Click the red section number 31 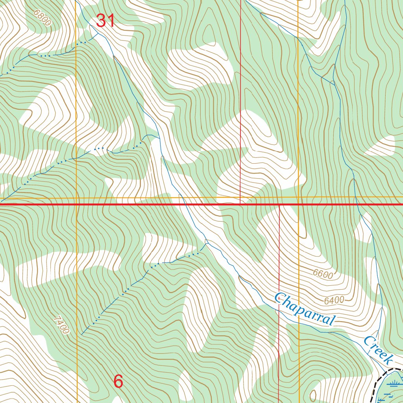pyautogui.click(x=105, y=20)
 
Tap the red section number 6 pyautogui.click(x=118, y=381)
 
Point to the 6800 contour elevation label pyautogui.click(x=43, y=18)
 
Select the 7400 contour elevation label pyautogui.click(x=61, y=325)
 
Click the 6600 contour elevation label pyautogui.click(x=323, y=274)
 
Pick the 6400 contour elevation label pyautogui.click(x=334, y=301)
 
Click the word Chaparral pyautogui.click(x=305, y=309)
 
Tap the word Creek pyautogui.click(x=378, y=350)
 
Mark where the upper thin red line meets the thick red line pyautogui.click(x=240, y=204)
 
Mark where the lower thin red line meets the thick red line pyautogui.click(x=279, y=205)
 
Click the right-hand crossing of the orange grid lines pyautogui.click(x=298, y=198)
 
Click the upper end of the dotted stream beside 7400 pyautogui.click(x=81, y=334)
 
